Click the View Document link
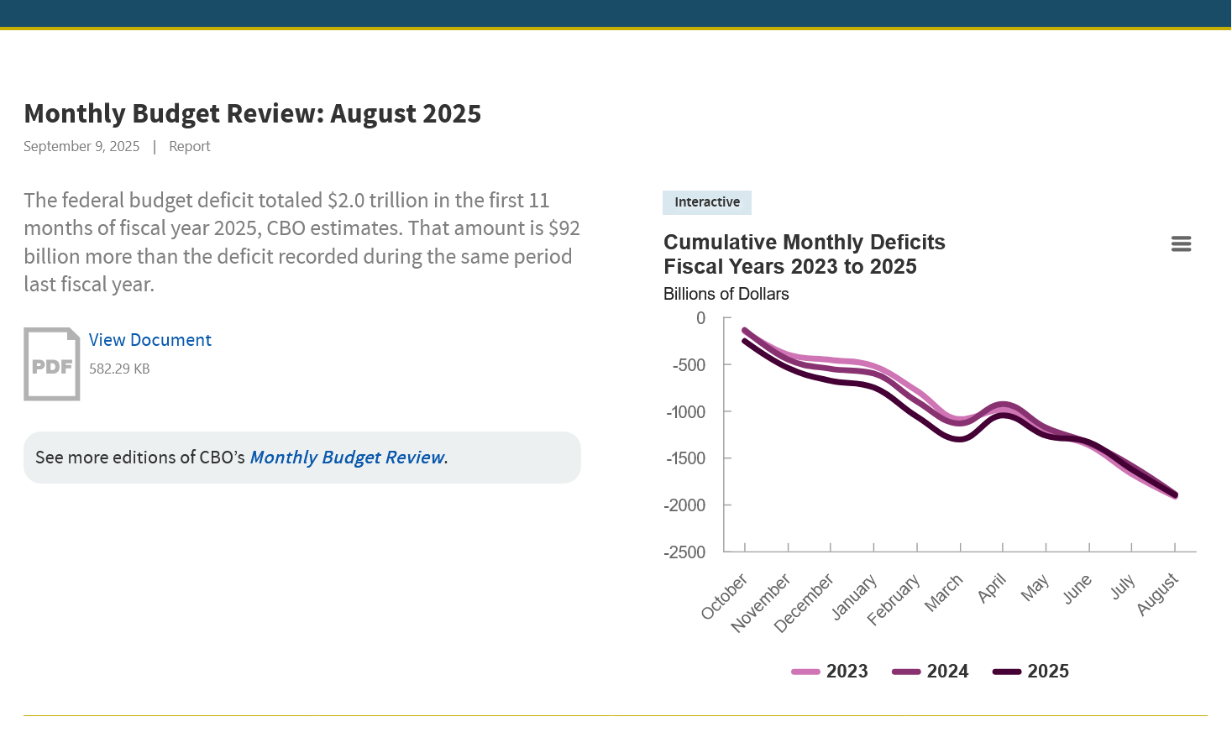pyautogui.click(x=150, y=340)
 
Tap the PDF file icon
pyautogui.click(x=52, y=364)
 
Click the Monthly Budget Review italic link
pyautogui.click(x=348, y=458)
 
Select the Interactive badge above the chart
pyautogui.click(x=707, y=202)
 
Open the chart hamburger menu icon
pyautogui.click(x=1181, y=244)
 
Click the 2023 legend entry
pyautogui.click(x=831, y=672)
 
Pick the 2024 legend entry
pyautogui.click(x=931, y=672)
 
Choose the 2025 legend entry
pyautogui.click(x=1032, y=672)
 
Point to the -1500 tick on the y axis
pyautogui.click(x=686, y=458)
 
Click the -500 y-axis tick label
pyautogui.click(x=689, y=365)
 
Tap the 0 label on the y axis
pyautogui.click(x=701, y=318)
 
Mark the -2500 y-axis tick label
pyautogui.click(x=685, y=552)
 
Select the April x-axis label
pyautogui.click(x=992, y=588)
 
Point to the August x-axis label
pyautogui.click(x=1158, y=594)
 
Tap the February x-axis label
pyautogui.click(x=894, y=599)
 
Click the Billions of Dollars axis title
pyautogui.click(x=726, y=294)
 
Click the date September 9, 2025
pyautogui.click(x=81, y=146)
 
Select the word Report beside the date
pyautogui.click(x=190, y=146)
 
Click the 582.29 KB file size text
pyautogui.click(x=119, y=369)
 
